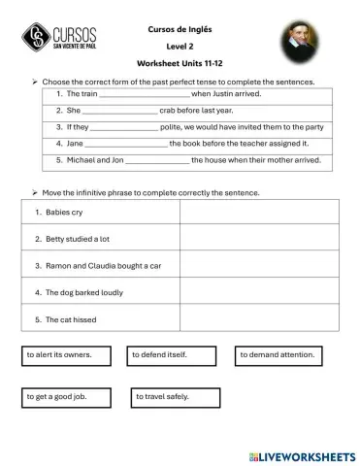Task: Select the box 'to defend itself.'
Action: click(x=166, y=355)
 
